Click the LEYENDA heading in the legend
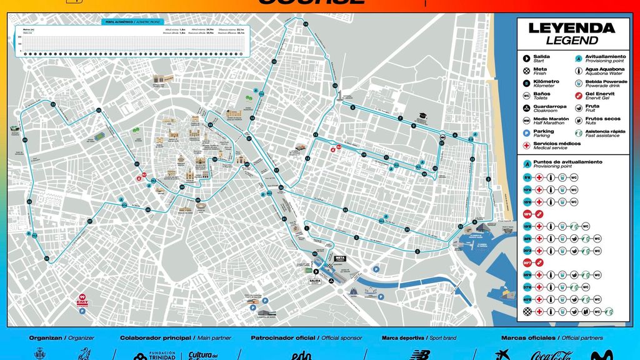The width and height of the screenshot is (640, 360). point(571,28)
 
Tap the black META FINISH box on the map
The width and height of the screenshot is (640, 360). point(341,258)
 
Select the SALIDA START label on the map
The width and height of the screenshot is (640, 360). point(314,282)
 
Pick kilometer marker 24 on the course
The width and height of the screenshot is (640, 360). point(305,24)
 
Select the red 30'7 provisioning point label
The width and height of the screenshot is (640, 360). point(527,263)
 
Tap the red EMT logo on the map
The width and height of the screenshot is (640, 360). point(82,301)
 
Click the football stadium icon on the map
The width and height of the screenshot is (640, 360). point(99,136)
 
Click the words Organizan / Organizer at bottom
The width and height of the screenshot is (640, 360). point(61,338)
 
